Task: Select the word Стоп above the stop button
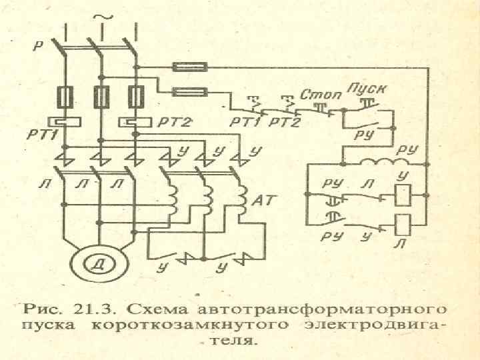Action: click(x=323, y=94)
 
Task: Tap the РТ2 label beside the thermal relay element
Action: click(x=176, y=122)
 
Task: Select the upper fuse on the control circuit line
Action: click(x=191, y=67)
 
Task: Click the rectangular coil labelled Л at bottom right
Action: click(x=402, y=223)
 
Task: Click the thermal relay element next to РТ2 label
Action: click(x=136, y=122)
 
